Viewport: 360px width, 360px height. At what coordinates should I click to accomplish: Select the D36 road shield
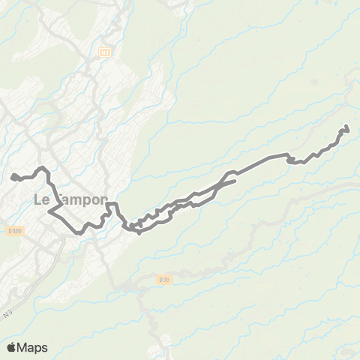[x=165, y=280]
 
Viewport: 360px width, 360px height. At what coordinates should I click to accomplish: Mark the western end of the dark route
[x=13, y=177]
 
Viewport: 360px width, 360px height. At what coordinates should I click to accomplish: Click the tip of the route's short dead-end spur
[x=235, y=181]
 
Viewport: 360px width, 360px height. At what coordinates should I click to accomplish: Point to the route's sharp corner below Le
[x=49, y=212]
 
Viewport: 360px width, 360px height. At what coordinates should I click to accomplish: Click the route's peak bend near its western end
[x=42, y=167]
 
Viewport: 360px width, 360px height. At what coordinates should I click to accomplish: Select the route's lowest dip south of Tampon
[x=79, y=232]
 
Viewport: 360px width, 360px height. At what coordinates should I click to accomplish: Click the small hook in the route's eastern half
[x=289, y=159]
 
